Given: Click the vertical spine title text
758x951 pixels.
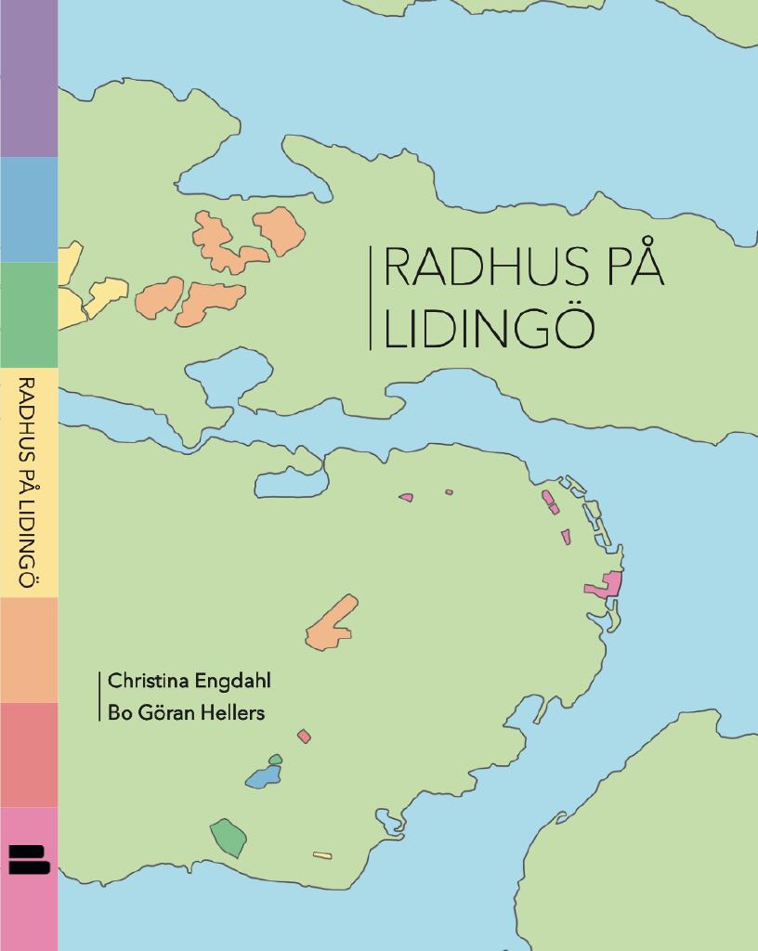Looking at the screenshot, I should tap(28, 482).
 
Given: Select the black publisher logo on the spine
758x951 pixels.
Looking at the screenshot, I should tap(28, 858).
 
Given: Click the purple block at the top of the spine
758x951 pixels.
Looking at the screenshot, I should tap(28, 79).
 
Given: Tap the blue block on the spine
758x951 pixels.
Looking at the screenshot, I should tap(28, 209).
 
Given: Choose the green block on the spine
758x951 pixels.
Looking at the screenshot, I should tap(28, 315).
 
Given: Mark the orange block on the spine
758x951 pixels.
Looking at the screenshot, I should tap(28, 650).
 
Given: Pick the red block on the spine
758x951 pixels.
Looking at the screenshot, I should tap(28, 754).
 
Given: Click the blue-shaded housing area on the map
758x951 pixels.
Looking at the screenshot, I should tap(263, 776).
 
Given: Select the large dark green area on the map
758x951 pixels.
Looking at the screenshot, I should tap(229, 837).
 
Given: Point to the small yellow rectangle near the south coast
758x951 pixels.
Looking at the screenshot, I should tap(322, 855).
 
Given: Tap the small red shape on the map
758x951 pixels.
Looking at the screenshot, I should tap(304, 736).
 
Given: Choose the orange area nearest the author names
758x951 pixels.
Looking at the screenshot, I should tap(331, 625).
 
